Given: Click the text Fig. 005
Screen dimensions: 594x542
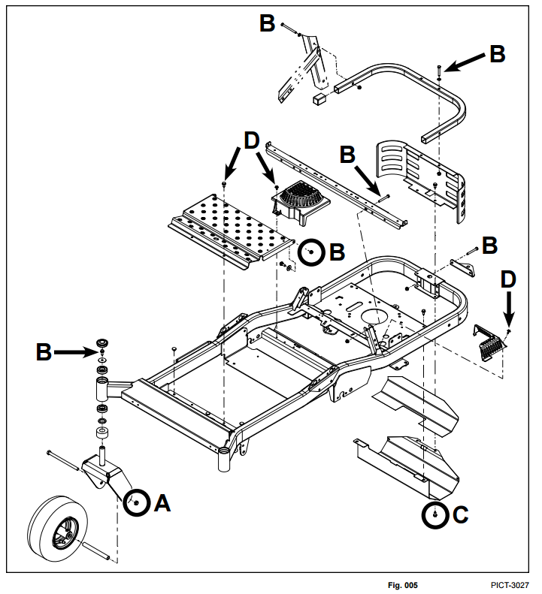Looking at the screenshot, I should (402, 585).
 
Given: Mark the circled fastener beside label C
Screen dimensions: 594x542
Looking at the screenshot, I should (435, 515).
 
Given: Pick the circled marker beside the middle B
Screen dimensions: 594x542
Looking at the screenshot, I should (310, 253).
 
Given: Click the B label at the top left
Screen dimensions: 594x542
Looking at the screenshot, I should (267, 23).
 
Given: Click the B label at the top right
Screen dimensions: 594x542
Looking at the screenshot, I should (497, 54).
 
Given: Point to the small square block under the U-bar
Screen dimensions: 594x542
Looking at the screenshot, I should (321, 99).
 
